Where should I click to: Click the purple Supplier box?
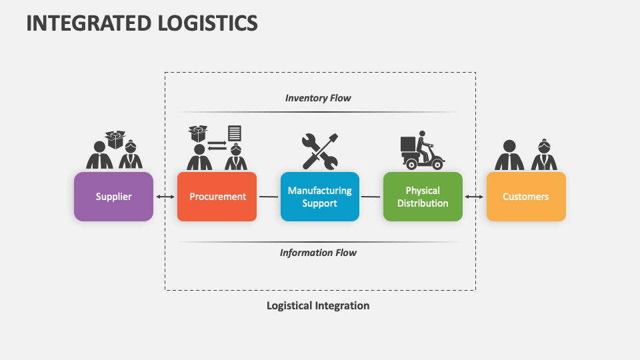tap(113, 197)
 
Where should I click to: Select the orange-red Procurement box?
tap(217, 197)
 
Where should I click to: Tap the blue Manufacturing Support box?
tap(319, 197)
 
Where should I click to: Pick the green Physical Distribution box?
tap(423, 197)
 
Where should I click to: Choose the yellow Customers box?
tap(526, 197)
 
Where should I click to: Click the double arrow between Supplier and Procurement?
tap(165, 197)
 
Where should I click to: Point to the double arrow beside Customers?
tap(474, 197)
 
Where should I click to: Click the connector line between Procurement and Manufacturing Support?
tap(269, 197)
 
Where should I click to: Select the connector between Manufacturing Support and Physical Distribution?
tap(371, 197)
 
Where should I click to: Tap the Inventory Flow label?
tap(318, 98)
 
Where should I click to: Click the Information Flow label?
tap(318, 253)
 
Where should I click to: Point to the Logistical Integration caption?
tap(318, 305)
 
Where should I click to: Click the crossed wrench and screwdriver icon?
tap(319, 151)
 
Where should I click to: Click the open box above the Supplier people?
tap(115, 139)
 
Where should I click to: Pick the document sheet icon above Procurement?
tap(235, 133)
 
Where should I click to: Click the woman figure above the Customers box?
tap(544, 155)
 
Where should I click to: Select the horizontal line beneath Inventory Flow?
tap(318, 112)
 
